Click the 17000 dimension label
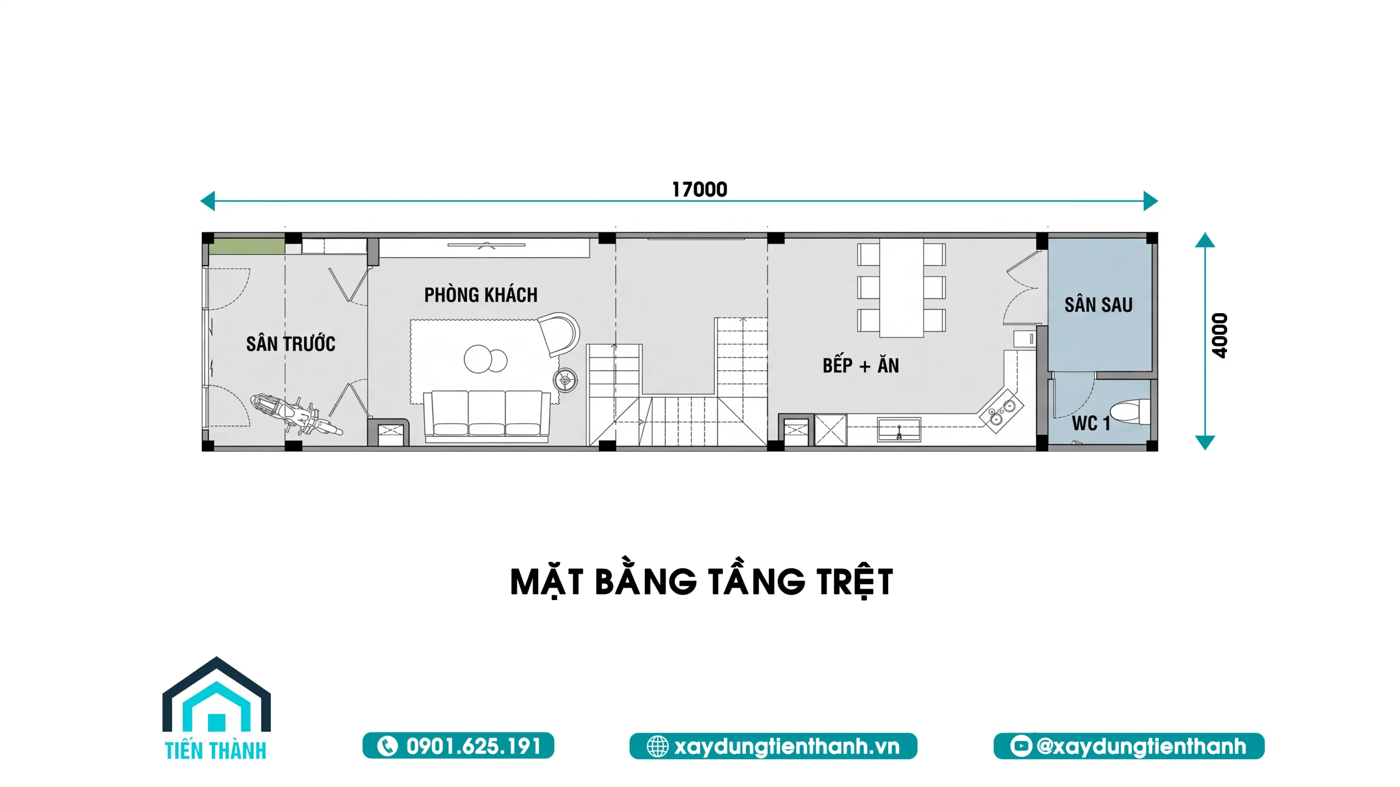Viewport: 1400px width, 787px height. pos(699,190)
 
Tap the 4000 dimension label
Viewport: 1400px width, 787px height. pos(1220,336)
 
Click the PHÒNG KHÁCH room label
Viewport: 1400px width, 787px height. pos(481,295)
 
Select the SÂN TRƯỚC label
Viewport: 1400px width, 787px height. pos(290,344)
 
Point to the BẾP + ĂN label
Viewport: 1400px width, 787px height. pos(861,365)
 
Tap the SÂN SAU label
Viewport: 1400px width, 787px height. pos(1098,304)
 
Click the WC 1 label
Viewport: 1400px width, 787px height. pos(1091,423)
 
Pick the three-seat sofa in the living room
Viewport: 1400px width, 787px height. pos(487,415)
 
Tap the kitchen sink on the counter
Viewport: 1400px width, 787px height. pos(899,430)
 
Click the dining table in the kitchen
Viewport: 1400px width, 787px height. pos(901,287)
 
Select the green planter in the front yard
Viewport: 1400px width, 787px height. pos(247,246)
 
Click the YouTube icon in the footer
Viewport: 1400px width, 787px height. pos(1020,745)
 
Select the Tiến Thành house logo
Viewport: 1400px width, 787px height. pos(216,708)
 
